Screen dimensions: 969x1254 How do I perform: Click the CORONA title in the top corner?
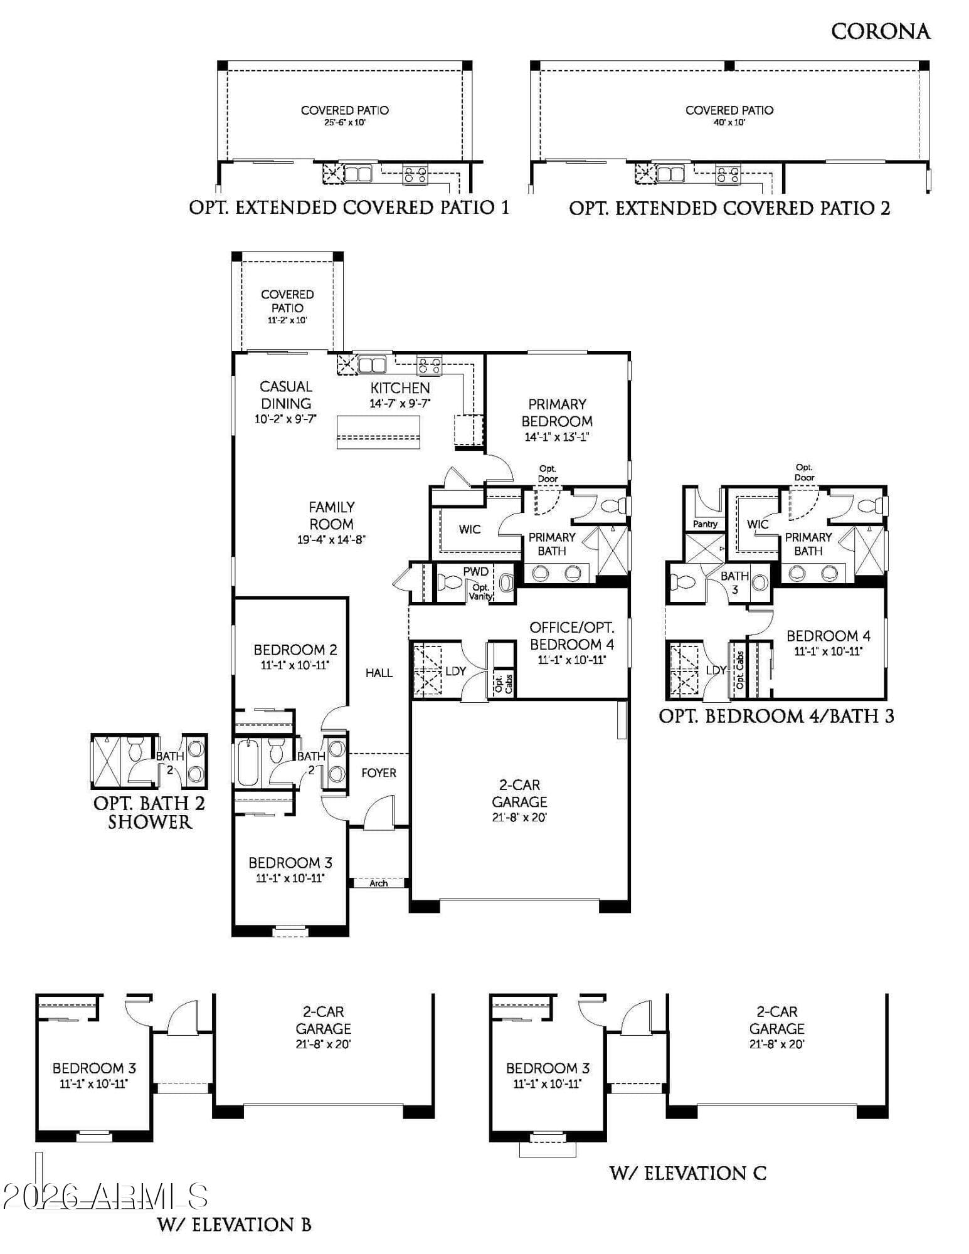[x=880, y=31]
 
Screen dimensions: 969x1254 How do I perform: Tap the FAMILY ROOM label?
[x=332, y=515]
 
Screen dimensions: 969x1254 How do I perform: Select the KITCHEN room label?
[x=400, y=388]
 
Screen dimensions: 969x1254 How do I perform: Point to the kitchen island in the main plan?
[x=378, y=432]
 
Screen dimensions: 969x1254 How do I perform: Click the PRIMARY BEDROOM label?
[x=557, y=413]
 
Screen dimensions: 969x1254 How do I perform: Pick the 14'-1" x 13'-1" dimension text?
[x=557, y=437]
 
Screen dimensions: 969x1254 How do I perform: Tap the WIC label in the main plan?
[x=469, y=529]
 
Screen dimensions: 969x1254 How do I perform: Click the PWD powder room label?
[x=476, y=571]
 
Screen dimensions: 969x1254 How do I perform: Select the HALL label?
[x=379, y=673]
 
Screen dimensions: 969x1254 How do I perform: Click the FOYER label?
[x=379, y=773]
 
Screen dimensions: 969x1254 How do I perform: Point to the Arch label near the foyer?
[x=379, y=883]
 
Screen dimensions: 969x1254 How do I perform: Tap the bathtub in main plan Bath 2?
[x=248, y=763]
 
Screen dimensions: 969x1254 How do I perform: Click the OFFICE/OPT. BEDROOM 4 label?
[x=572, y=636]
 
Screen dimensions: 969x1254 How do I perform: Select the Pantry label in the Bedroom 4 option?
[x=705, y=524]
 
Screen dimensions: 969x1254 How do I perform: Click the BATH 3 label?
[x=734, y=582]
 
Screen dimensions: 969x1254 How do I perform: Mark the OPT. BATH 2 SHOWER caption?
[x=149, y=813]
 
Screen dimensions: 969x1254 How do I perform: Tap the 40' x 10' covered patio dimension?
[x=729, y=123]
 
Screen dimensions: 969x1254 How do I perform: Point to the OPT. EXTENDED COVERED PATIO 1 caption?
[x=349, y=208]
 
